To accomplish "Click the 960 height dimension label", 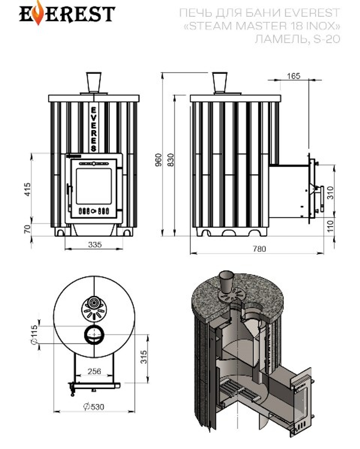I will coord(158,160).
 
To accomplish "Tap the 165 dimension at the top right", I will coord(293,76).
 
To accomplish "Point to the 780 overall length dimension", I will coord(259,248).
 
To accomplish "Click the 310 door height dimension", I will coord(331,193).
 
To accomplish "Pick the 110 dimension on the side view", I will coord(331,226).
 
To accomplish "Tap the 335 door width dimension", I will coord(95,245).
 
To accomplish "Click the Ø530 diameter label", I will coord(94,407).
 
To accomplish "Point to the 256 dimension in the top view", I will coord(94,371).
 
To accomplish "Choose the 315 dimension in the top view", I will coord(144,357).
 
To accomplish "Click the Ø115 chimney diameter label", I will coord(35,334).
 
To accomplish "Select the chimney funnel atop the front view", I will coord(93,82).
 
